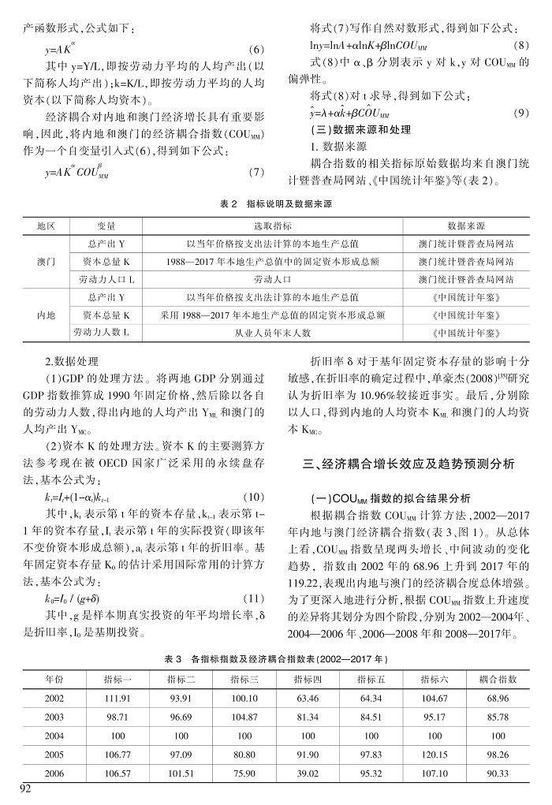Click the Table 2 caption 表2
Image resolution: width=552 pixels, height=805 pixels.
(x=229, y=203)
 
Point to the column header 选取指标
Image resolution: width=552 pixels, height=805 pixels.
(x=272, y=225)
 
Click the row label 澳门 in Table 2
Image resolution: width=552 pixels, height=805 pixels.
(x=47, y=260)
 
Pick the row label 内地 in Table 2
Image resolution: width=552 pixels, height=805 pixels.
(x=47, y=315)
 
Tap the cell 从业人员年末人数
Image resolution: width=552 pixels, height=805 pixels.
(x=272, y=333)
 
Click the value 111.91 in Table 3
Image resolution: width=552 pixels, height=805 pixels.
(x=117, y=699)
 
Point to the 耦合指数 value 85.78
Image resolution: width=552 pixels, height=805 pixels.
(x=498, y=717)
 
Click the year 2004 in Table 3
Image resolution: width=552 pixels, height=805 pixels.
(x=54, y=736)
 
